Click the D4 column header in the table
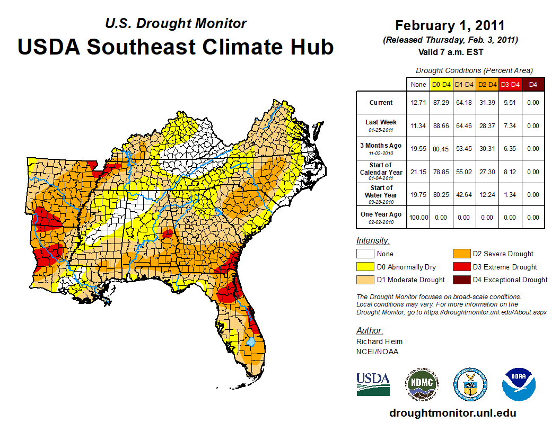(x=533, y=84)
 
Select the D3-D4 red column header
(x=510, y=84)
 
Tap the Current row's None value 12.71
(x=418, y=103)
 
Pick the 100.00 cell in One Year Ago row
(x=418, y=217)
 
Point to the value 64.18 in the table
(x=465, y=103)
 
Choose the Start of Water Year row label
(x=381, y=194)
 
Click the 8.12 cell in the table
(x=510, y=172)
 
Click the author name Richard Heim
(x=379, y=341)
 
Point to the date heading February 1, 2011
(x=450, y=26)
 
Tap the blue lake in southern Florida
(x=251, y=342)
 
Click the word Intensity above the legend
(x=373, y=241)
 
